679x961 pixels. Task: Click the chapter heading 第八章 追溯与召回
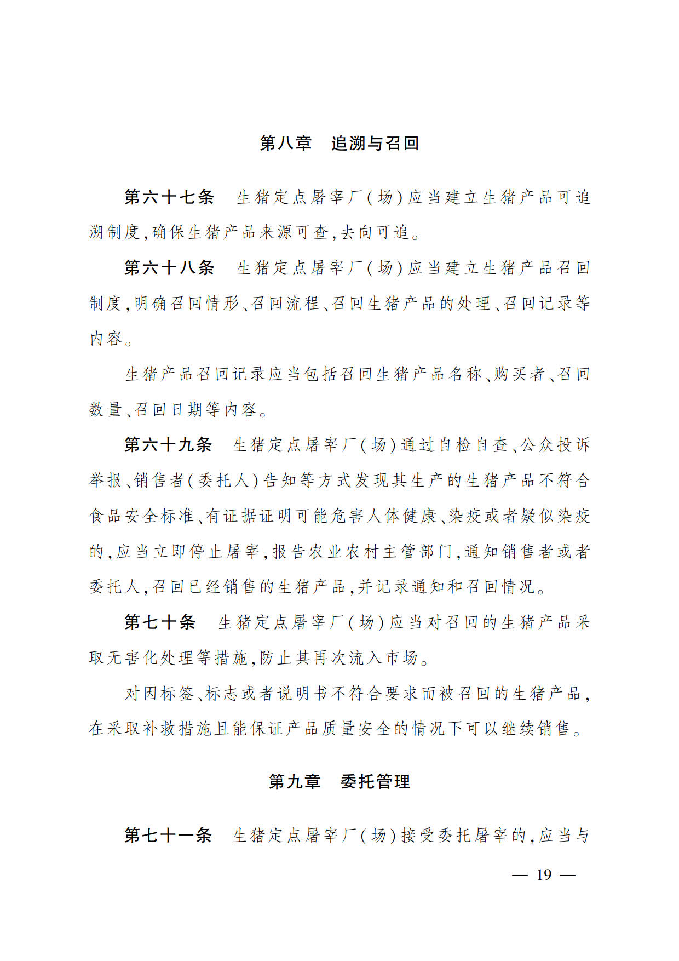(339, 144)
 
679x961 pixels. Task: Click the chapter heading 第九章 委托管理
(339, 781)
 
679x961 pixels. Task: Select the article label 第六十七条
(169, 197)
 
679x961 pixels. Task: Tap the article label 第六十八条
(169, 268)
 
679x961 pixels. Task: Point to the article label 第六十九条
(168, 445)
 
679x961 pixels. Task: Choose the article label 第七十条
(160, 622)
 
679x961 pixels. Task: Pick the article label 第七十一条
(168, 836)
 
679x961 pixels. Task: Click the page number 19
(544, 875)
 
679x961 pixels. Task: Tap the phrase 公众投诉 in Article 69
(555, 445)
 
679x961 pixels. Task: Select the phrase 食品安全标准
(142, 516)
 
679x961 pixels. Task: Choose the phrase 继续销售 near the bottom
(536, 729)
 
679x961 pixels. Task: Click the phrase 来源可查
(295, 232)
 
